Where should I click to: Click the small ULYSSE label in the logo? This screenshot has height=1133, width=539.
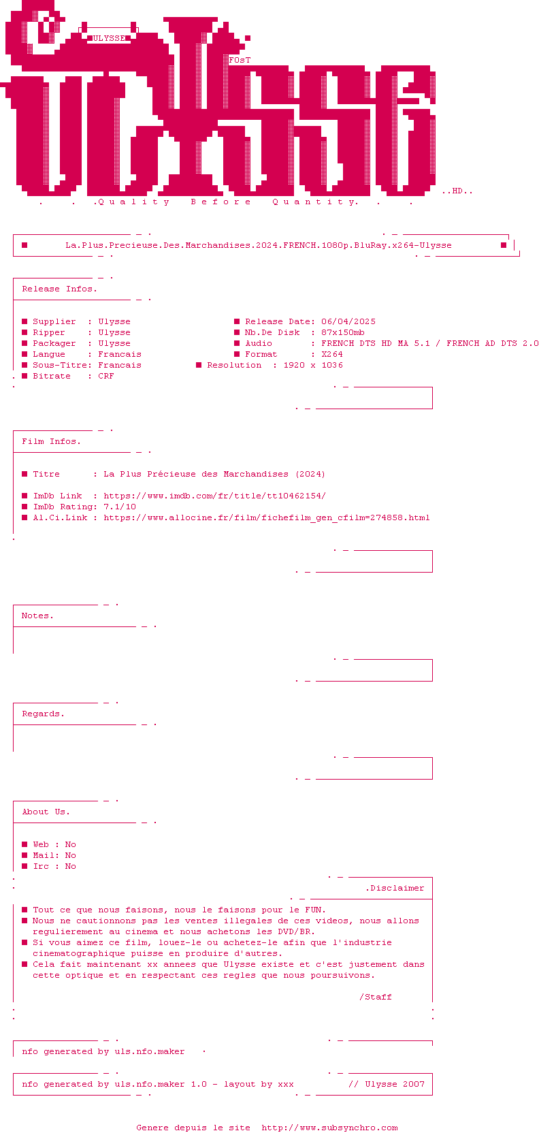[109, 38]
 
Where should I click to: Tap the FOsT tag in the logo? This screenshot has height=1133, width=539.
[240, 60]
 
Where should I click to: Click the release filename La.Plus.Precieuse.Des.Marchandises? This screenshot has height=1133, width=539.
[259, 245]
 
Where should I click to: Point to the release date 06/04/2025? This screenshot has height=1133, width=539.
[348, 321]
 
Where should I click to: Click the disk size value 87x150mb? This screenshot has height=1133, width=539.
[343, 332]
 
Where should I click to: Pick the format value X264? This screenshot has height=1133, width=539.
[332, 354]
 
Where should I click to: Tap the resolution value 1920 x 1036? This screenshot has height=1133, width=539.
[313, 365]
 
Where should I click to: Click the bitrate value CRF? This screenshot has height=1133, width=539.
[106, 376]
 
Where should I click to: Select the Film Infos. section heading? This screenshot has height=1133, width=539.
[51, 441]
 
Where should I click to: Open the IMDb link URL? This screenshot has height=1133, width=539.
[214, 496]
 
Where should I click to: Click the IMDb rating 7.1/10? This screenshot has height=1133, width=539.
[120, 507]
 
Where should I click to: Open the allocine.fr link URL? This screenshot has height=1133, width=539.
[266, 517]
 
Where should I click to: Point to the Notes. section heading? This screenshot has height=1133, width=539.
[37, 616]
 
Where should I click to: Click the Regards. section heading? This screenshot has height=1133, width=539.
[43, 714]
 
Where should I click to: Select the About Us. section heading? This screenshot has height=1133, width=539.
[46, 812]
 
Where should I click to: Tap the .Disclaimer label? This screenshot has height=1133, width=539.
[395, 888]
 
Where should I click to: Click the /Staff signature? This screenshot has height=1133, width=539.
[376, 997]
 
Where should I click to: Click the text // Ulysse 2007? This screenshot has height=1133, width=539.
[387, 1084]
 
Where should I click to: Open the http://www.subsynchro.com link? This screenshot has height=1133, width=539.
[329, 1128]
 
